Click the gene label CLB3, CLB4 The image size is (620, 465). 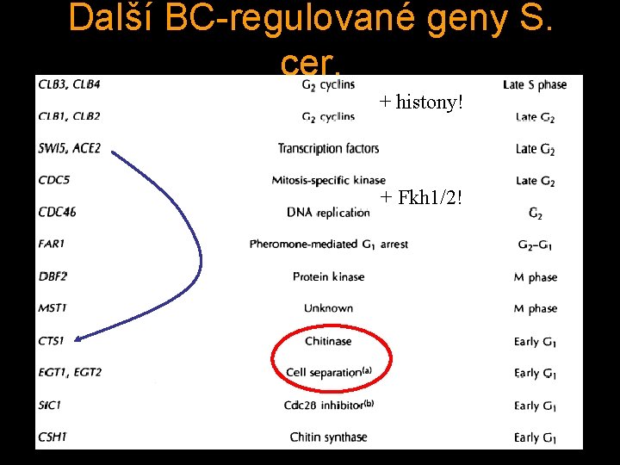click(x=69, y=84)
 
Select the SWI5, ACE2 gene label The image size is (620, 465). click(x=70, y=148)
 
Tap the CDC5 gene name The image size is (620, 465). click(x=53, y=180)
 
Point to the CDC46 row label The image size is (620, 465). click(x=58, y=212)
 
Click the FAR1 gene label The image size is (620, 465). click(x=52, y=244)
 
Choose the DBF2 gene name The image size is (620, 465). click(x=53, y=276)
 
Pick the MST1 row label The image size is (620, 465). click(x=53, y=307)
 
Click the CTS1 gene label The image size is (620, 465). click(x=52, y=341)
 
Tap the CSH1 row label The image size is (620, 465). click(x=53, y=437)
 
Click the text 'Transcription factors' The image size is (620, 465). click(x=328, y=149)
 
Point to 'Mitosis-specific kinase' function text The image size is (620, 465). click(x=328, y=181)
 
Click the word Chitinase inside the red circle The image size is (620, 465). click(x=328, y=341)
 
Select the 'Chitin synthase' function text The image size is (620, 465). click(x=328, y=437)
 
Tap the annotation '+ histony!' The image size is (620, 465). click(x=421, y=102)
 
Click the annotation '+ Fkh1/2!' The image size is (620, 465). click(x=421, y=197)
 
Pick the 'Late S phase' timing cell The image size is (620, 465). click(x=535, y=84)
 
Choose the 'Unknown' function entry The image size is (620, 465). click(x=328, y=308)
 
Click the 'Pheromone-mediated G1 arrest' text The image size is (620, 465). click(x=328, y=245)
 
